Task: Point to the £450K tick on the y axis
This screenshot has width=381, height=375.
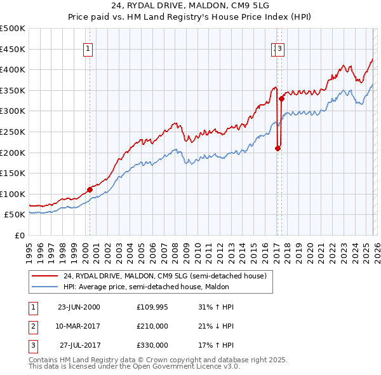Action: [13, 49]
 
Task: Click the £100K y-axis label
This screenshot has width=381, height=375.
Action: [13, 194]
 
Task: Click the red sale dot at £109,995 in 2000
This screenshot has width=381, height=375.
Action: [90, 189]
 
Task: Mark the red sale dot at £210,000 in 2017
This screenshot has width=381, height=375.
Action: [277, 148]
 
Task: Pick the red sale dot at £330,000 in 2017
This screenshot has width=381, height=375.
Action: [281, 99]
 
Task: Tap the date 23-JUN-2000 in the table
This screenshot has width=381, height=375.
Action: [79, 307]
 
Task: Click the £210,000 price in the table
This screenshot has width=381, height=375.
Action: [152, 326]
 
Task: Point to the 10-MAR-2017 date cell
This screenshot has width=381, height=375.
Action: [79, 326]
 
